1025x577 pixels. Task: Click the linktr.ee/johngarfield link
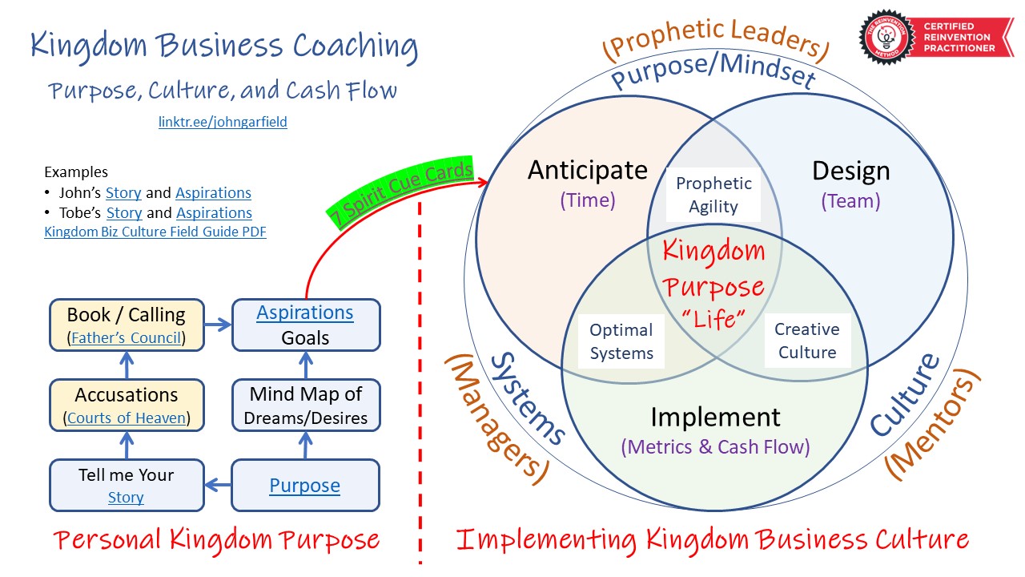coord(223,123)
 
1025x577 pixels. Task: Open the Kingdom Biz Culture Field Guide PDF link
coord(155,232)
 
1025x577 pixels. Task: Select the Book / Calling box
coord(127,325)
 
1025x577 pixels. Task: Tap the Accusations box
coord(127,406)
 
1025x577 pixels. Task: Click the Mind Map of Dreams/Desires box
coord(305,406)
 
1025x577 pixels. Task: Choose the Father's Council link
coord(127,338)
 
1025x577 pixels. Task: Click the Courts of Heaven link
coord(127,418)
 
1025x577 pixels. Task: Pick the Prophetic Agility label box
coord(713,195)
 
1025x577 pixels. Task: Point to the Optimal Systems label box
coord(621,341)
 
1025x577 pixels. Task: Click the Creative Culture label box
coord(806,341)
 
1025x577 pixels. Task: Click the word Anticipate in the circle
coord(588,170)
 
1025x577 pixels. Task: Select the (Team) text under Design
coord(850,200)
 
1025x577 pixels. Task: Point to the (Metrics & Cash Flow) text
coord(716,446)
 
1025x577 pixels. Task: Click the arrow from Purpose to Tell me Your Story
coord(218,485)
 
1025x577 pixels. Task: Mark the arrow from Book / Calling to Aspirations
coord(218,325)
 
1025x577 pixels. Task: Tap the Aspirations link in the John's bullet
coord(213,193)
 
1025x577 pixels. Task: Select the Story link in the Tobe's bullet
coord(124,213)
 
